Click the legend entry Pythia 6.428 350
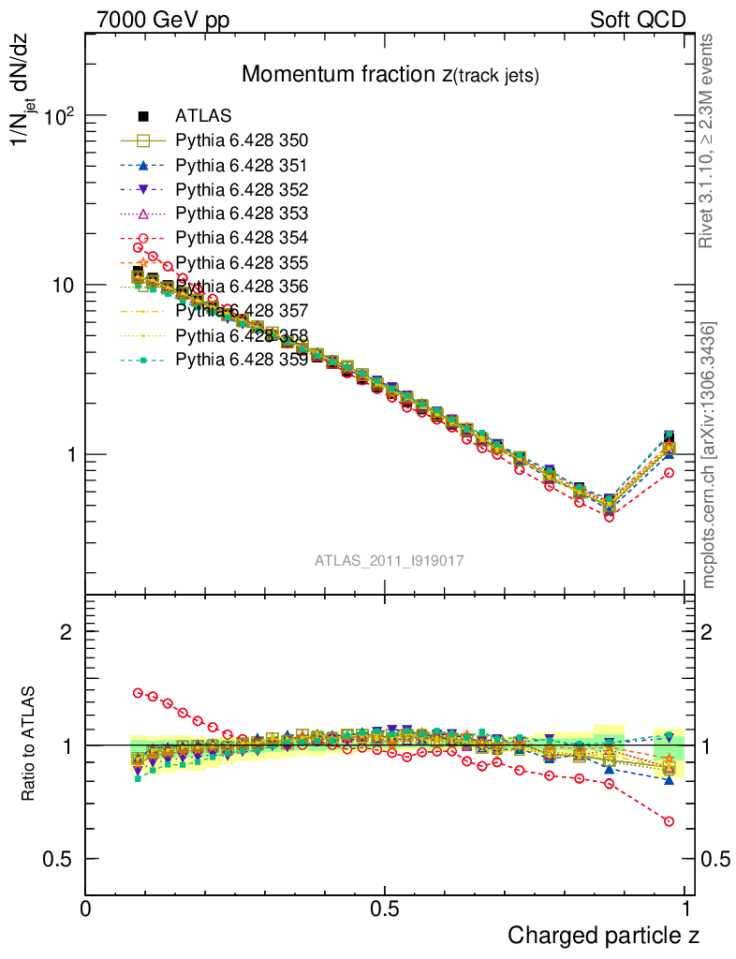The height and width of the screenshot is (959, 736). click(242, 141)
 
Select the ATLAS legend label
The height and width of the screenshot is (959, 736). click(203, 117)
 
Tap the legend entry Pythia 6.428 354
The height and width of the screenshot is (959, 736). click(242, 238)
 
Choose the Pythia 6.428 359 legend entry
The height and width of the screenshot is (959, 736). click(242, 359)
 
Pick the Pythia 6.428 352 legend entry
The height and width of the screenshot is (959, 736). click(242, 190)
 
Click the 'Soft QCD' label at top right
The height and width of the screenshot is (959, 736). click(639, 20)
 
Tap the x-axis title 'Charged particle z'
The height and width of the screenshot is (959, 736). click(603, 935)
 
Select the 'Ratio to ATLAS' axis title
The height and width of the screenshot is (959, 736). click(29, 745)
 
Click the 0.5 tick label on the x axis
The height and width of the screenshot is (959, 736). click(385, 909)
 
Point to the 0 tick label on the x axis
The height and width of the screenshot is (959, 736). click(86, 909)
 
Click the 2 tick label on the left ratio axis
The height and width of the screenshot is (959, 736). click(66, 631)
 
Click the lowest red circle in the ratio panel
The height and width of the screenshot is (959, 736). click(669, 821)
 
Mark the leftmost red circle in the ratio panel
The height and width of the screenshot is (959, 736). click(139, 693)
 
